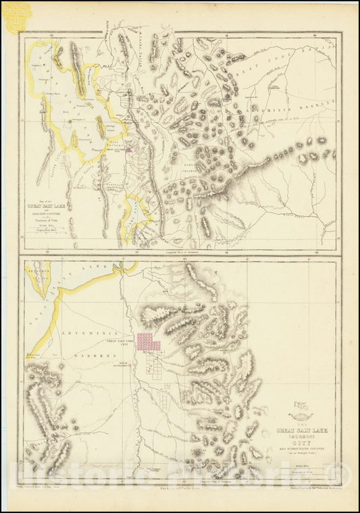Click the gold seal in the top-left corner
coord(14,14)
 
